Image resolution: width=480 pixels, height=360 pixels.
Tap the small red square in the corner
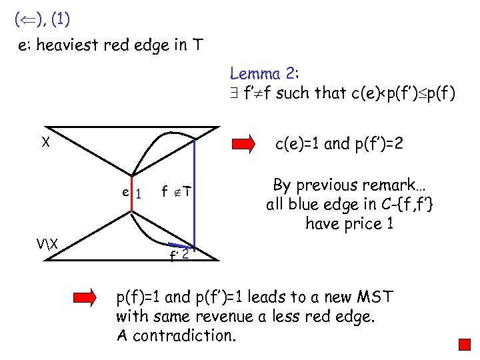[465, 345]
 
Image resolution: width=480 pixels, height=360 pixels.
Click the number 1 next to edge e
[139, 194]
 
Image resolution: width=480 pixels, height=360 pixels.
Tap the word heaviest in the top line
[71, 46]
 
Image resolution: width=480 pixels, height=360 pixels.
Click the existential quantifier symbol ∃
[234, 93]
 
